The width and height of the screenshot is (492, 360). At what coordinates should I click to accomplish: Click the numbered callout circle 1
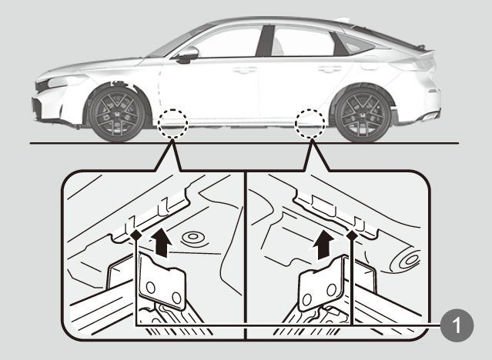coord(457,325)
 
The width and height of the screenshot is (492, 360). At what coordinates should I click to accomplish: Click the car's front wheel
coord(117,114)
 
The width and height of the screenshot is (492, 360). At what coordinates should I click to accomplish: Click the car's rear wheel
coord(363,115)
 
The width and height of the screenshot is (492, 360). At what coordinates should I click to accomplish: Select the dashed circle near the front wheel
coord(172,124)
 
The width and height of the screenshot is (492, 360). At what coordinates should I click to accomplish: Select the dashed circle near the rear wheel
coord(310,124)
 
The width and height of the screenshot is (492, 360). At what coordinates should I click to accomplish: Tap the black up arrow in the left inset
coord(162,242)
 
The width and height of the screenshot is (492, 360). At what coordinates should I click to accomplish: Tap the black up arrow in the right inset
coord(323,244)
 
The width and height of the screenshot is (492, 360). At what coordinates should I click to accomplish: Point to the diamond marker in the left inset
coord(136,235)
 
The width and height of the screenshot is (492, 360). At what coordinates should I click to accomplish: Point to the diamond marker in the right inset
coord(352,235)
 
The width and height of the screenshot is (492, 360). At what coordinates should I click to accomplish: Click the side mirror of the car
coord(187,55)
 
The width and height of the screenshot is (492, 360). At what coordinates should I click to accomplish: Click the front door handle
coord(244,70)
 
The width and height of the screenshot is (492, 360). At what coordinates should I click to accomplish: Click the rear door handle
coord(330,68)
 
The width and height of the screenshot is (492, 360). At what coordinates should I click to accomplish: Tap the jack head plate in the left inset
coord(162,281)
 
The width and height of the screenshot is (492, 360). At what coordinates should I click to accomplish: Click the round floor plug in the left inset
coord(193,237)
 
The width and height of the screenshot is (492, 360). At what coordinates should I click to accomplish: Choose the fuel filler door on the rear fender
coord(370,63)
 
